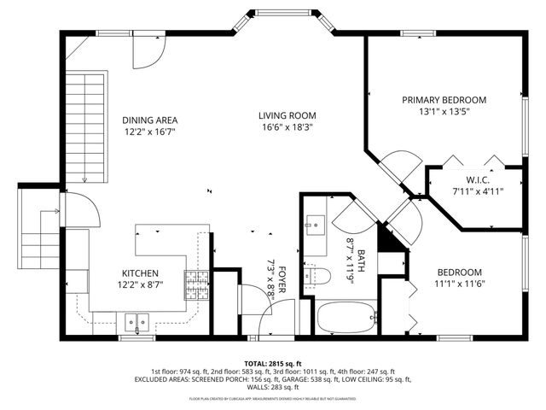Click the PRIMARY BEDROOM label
click(x=444, y=100)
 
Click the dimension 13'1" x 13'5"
click(x=444, y=112)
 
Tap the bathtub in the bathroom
click(x=346, y=318)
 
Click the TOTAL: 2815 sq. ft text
click(x=272, y=363)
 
